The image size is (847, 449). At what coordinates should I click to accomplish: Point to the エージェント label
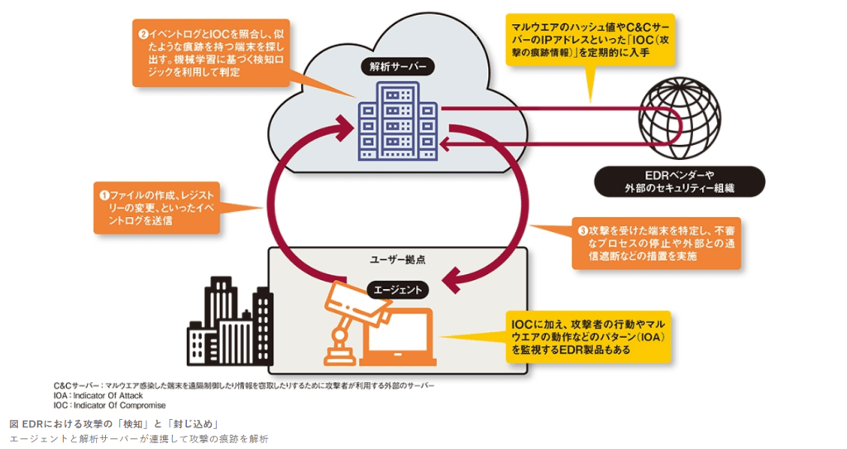coord(397,290)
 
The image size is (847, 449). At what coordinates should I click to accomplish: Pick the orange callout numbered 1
coord(157,207)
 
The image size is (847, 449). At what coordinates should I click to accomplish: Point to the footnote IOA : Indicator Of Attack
coord(98,396)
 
